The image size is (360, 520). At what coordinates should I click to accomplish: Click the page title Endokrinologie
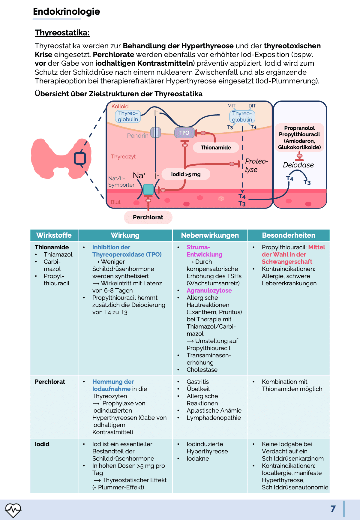[x=66, y=11]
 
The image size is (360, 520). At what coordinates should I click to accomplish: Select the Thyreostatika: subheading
[x=62, y=32]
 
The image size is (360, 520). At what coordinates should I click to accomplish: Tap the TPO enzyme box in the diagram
[x=184, y=133]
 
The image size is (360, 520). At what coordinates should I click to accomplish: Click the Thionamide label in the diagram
[x=216, y=147]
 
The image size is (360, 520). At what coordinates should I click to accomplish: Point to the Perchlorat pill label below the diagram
[x=148, y=217]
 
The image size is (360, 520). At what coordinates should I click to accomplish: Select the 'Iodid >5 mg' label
[x=186, y=174]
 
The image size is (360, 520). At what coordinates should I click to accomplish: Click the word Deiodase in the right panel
[x=298, y=165]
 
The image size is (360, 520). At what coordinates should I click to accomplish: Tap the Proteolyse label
[x=256, y=165]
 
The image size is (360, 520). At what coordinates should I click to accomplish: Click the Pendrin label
[x=138, y=136]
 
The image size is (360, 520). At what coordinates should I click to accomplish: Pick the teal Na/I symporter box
[x=148, y=190]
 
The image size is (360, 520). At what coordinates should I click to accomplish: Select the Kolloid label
[x=120, y=107]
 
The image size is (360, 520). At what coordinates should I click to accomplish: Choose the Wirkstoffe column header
[x=54, y=235]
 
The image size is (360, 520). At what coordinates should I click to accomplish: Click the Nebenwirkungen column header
[x=210, y=235]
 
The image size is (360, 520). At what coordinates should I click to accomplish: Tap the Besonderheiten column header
[x=289, y=235]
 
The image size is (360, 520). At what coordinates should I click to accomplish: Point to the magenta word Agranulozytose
[x=209, y=290]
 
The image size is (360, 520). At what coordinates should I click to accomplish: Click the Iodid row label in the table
[x=42, y=444]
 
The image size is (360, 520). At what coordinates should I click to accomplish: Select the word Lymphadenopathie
[x=214, y=418]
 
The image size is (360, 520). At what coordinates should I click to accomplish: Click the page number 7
[x=333, y=509]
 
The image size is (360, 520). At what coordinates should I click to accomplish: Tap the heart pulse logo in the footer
[x=13, y=509]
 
